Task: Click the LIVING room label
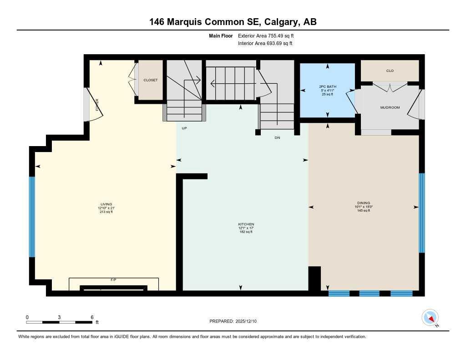pyautogui.click(x=106, y=204)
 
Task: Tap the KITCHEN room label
pyautogui.click(x=246, y=224)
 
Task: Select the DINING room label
pyautogui.click(x=364, y=203)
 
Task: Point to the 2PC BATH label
pyautogui.click(x=327, y=86)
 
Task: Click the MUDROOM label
pyautogui.click(x=390, y=108)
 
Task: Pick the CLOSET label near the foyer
pyautogui.click(x=151, y=80)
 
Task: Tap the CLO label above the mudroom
pyautogui.click(x=390, y=71)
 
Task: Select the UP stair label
pyautogui.click(x=184, y=128)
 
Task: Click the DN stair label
pyautogui.click(x=277, y=137)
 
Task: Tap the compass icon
pyautogui.click(x=430, y=318)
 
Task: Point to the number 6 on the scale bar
pyautogui.click(x=92, y=317)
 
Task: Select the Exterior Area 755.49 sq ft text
pyautogui.click(x=269, y=35)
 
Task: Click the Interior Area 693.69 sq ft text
pyautogui.click(x=265, y=44)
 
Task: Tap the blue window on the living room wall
pyautogui.click(x=32, y=217)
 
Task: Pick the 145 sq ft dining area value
pyautogui.click(x=364, y=210)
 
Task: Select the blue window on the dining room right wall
pyautogui.click(x=422, y=213)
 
